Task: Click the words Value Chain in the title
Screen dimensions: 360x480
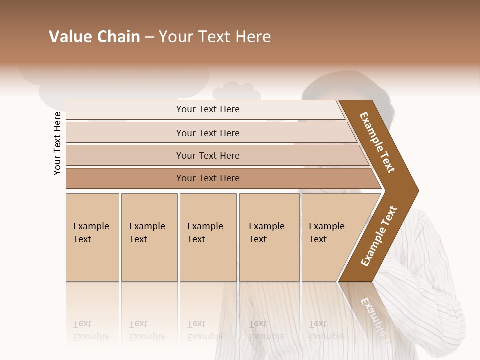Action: click(94, 37)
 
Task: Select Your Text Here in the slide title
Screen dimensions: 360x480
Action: click(215, 37)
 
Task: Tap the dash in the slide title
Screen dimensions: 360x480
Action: click(149, 37)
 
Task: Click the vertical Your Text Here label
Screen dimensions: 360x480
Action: click(57, 143)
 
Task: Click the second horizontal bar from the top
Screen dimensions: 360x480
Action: click(208, 133)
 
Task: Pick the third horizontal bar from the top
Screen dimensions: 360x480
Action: click(208, 155)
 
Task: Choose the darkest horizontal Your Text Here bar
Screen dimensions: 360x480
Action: click(208, 178)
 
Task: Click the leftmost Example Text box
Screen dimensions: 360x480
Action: click(92, 237)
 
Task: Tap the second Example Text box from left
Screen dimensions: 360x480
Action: click(149, 237)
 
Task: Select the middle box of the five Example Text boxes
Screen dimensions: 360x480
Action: click(208, 237)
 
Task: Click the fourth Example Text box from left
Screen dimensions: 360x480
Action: click(269, 237)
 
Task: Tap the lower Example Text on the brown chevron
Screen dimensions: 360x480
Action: click(379, 236)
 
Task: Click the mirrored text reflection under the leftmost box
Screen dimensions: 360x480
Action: click(91, 330)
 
